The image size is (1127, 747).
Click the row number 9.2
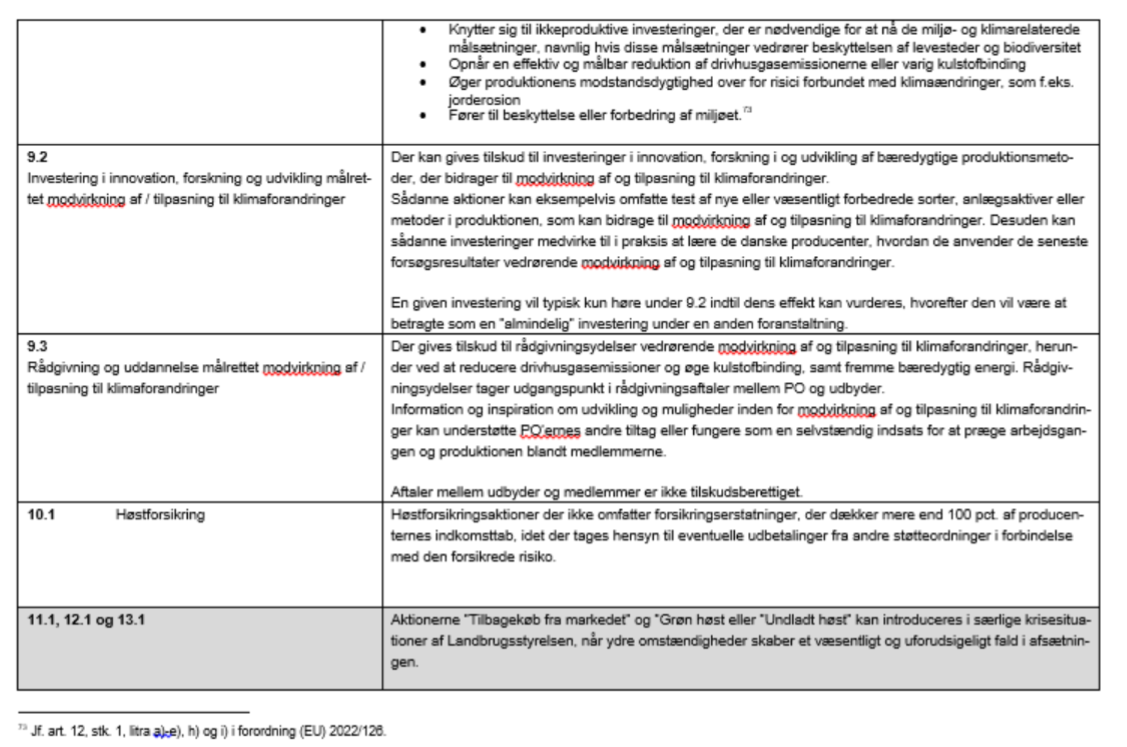coord(37,157)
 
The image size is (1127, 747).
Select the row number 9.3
coord(37,346)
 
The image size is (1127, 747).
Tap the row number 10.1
coord(41,515)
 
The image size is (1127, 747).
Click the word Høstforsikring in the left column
coord(160,515)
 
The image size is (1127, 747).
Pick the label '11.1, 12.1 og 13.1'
coord(86,620)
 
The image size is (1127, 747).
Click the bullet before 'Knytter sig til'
coord(423,30)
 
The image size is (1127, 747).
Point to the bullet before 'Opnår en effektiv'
coord(423,65)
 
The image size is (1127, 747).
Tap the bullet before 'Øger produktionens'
coord(423,82)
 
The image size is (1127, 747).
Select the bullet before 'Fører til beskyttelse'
coord(423,116)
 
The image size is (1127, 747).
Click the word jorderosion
coord(484,100)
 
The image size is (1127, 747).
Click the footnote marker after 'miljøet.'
coord(747,110)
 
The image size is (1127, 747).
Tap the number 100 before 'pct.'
coord(959,515)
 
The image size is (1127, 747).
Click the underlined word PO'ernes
coord(550,431)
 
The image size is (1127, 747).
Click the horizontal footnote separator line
coord(134,712)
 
